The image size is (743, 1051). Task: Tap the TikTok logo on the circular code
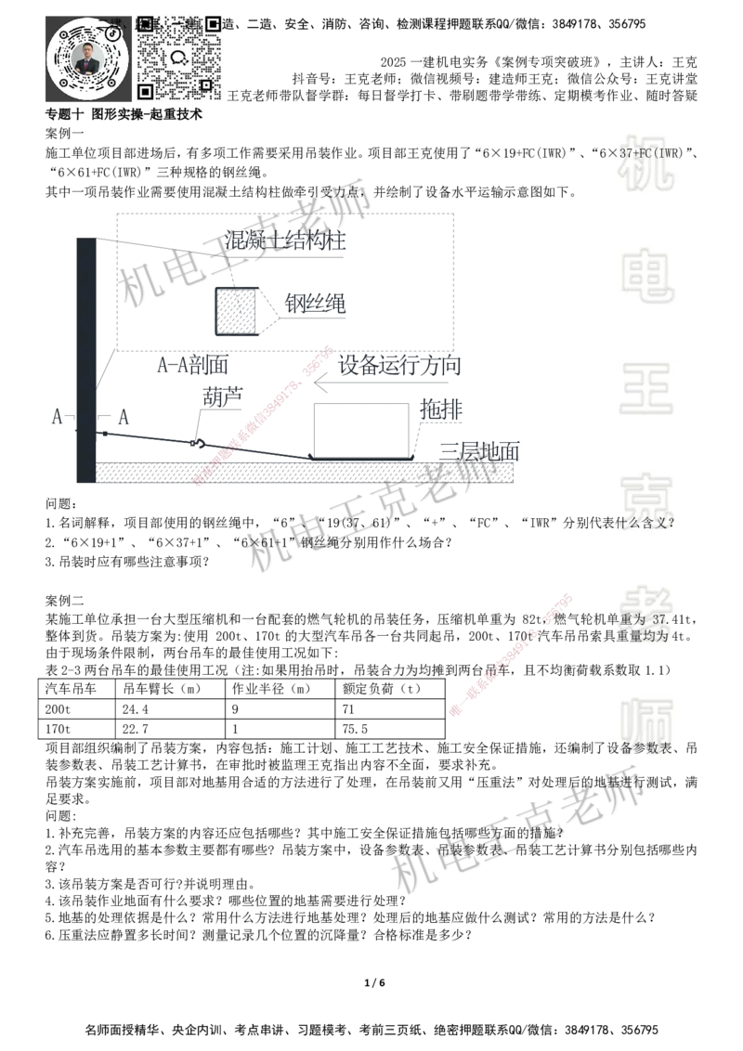[x=113, y=32]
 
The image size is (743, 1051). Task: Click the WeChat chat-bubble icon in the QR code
[x=179, y=57]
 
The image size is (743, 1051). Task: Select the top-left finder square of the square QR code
[x=146, y=22]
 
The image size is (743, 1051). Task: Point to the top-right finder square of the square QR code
[x=214, y=22]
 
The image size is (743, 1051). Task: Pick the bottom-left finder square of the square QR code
[x=146, y=91]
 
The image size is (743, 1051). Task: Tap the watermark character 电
[x=650, y=275]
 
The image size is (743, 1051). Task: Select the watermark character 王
[x=647, y=390]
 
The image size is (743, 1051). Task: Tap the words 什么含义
[x=644, y=524]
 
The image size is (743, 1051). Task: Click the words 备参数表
[x=644, y=747]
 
